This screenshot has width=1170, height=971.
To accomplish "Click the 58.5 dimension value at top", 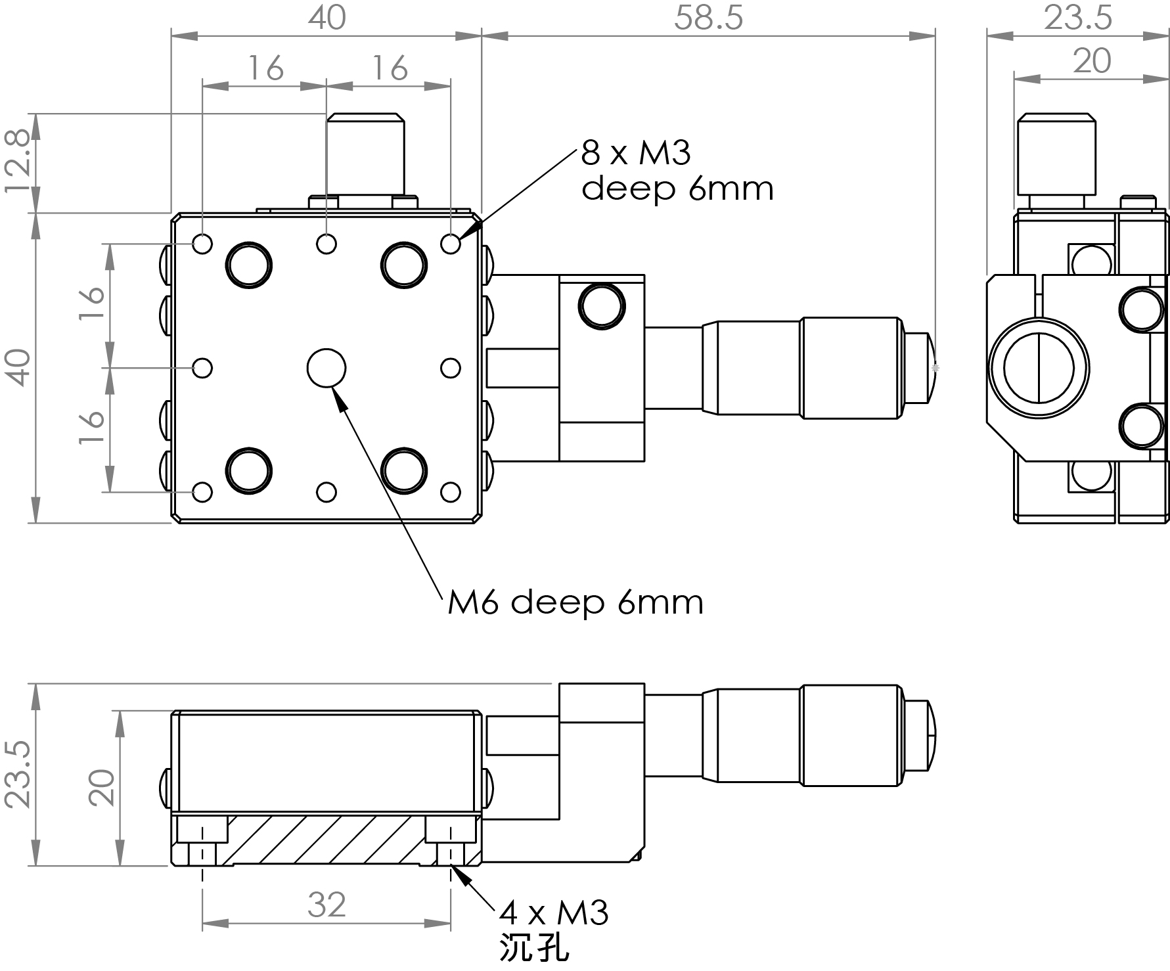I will tap(708, 18).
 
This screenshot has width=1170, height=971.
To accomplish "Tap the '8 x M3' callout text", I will tap(636, 154).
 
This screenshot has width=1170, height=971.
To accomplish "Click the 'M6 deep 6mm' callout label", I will tap(575, 602).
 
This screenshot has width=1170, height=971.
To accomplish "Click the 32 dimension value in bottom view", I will tap(326, 905).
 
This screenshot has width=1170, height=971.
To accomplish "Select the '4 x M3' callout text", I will tap(554, 913).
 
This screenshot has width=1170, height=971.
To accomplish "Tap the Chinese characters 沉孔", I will tap(534, 949).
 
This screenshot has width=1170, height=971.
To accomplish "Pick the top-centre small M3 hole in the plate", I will tap(326, 244).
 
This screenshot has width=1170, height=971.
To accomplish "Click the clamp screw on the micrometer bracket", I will tap(601, 305).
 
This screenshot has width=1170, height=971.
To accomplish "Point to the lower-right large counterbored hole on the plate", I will tap(403, 470).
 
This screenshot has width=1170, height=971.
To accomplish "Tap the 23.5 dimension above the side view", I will tap(1078, 18).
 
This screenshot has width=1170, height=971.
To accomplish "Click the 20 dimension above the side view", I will tap(1092, 61).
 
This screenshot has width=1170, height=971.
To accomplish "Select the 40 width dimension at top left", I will tap(326, 18).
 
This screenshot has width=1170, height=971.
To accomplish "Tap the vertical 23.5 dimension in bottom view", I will tap(18, 775).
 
